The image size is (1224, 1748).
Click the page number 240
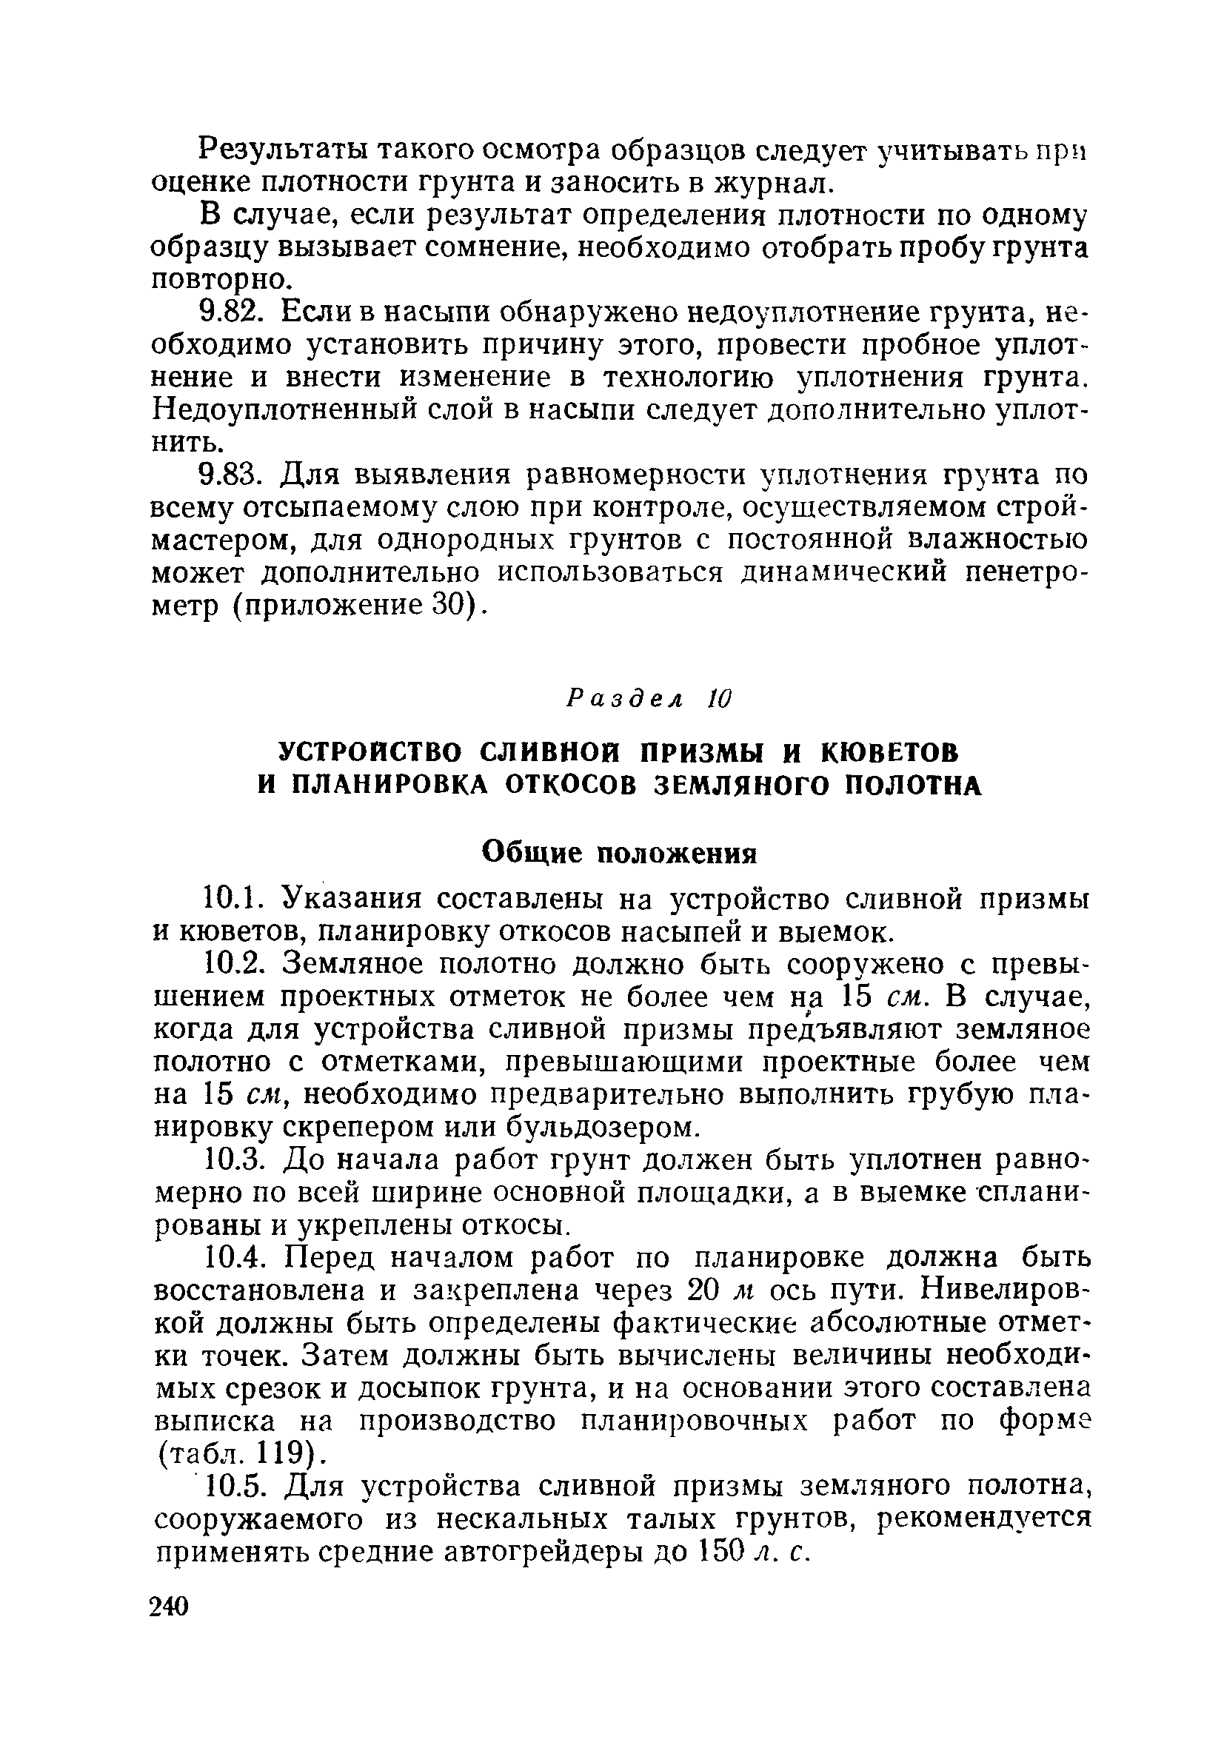point(169,1607)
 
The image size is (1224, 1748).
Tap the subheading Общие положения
point(621,853)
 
